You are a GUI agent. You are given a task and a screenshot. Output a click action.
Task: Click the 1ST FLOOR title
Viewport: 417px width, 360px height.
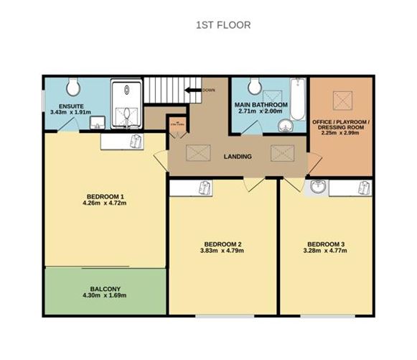(222, 24)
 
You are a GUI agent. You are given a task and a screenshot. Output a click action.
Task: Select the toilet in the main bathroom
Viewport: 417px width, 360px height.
(253, 87)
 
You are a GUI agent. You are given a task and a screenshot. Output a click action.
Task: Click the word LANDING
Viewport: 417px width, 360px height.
(238, 156)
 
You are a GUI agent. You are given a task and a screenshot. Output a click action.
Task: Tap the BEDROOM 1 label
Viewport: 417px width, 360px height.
(106, 197)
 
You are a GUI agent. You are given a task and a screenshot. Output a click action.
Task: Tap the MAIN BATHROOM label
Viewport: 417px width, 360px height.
(261, 105)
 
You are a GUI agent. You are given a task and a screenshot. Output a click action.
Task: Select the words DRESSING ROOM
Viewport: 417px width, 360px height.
(341, 126)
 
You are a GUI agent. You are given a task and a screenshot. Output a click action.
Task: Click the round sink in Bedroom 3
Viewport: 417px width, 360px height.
(319, 188)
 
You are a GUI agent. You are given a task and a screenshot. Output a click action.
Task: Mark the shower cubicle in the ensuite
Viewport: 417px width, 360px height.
(127, 102)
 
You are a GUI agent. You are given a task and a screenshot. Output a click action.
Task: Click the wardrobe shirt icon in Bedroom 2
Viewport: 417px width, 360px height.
(206, 189)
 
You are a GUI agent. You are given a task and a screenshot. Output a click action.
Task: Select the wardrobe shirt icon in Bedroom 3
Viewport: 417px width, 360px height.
(364, 189)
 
